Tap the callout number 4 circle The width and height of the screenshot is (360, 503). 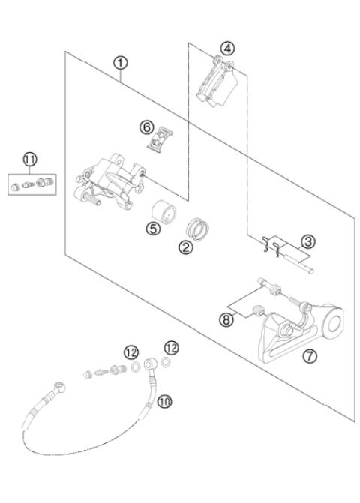(x=225, y=49)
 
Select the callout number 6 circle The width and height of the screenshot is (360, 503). (x=147, y=127)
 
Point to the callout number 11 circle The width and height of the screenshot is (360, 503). (x=30, y=159)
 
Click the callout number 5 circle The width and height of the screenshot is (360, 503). (x=154, y=230)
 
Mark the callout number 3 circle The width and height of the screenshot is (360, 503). (x=307, y=242)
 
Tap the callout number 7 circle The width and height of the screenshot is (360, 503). (x=308, y=355)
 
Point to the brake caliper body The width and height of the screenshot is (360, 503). (x=109, y=180)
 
